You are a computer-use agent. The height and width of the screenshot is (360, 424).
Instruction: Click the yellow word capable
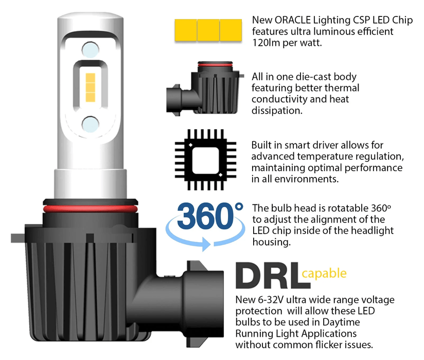pos(324,273)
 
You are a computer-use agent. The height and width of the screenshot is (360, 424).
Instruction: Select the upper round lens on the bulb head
pos(90,49)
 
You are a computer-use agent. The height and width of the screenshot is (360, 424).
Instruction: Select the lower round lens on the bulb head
pos(90,123)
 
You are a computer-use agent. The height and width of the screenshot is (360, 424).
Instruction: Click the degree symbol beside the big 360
pos(238,207)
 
